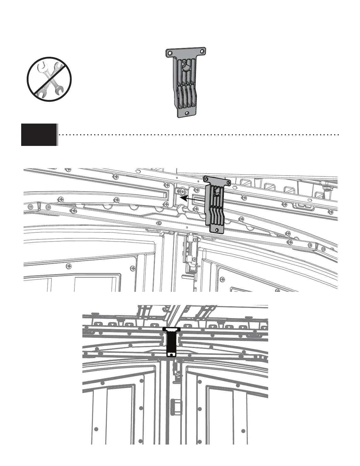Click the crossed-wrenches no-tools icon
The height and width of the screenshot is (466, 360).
(x=49, y=79)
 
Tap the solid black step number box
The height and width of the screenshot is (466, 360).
(x=39, y=135)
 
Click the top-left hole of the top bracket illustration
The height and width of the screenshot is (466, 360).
(x=170, y=53)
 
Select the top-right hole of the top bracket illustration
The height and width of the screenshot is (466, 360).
(x=202, y=51)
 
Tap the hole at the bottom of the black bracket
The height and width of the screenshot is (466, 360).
(x=171, y=355)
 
